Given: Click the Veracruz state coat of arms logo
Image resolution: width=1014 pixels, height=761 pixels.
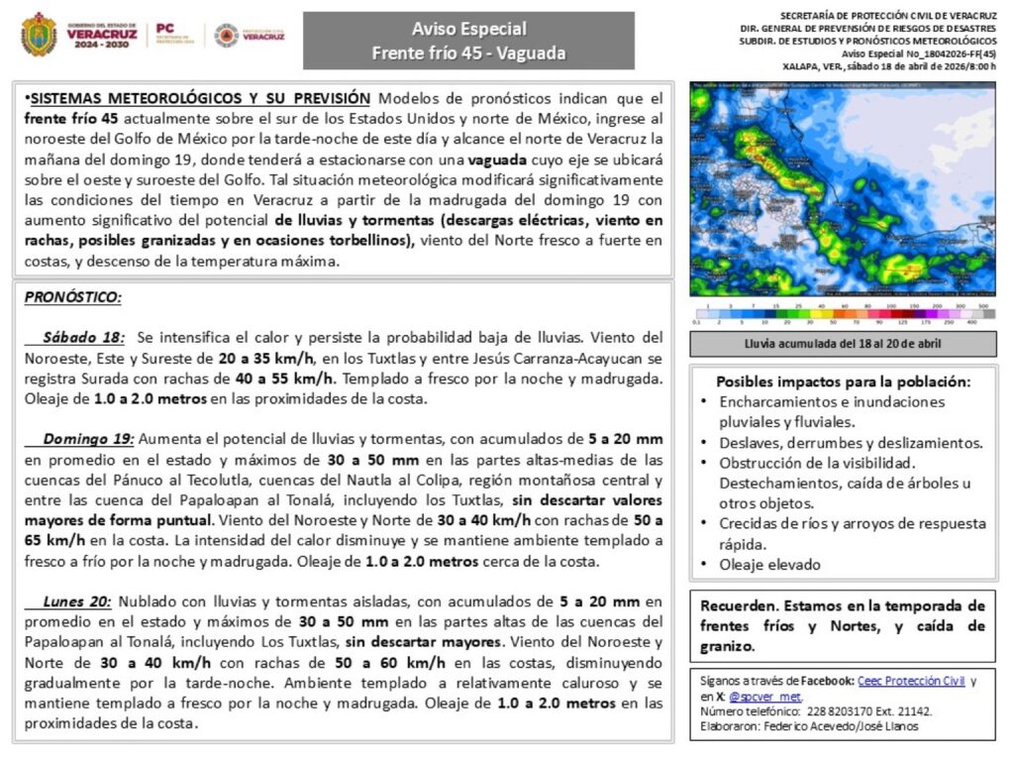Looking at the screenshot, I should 39,35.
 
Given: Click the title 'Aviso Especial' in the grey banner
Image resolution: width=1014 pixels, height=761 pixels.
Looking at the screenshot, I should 468,29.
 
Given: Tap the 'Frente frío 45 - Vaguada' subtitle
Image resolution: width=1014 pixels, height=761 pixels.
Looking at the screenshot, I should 468,54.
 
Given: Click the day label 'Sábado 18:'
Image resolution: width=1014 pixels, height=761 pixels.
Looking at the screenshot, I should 83,338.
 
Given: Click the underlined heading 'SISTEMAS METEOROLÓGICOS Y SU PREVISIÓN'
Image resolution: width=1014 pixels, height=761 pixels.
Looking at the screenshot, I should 201,99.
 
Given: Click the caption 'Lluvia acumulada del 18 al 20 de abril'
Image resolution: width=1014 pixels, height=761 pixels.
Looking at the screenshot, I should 843,344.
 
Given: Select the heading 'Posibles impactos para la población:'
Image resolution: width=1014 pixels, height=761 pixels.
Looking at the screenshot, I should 843,381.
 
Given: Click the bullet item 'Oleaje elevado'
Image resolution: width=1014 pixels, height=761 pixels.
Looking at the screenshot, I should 770,565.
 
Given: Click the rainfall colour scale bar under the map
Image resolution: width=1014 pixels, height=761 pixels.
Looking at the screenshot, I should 843,315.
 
